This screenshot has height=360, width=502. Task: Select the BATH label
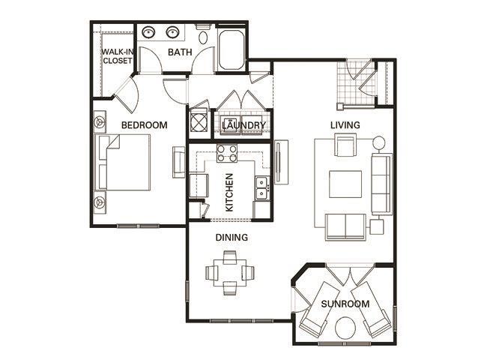(x=180, y=52)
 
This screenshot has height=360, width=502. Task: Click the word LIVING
(x=345, y=124)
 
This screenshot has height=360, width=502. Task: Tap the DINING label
(x=232, y=238)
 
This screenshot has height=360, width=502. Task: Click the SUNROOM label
(x=345, y=304)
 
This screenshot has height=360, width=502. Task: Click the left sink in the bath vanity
(x=148, y=33)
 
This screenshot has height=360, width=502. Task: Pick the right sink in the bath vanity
(x=174, y=33)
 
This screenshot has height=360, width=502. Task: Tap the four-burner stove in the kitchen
(x=227, y=154)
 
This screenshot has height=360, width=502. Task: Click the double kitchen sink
(x=261, y=188)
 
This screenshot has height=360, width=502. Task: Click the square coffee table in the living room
(x=346, y=184)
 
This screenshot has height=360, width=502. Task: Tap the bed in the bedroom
(x=129, y=163)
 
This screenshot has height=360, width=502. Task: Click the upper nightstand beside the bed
(x=100, y=120)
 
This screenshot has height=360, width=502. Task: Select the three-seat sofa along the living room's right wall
(x=381, y=183)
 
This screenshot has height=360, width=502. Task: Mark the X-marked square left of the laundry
(x=199, y=121)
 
